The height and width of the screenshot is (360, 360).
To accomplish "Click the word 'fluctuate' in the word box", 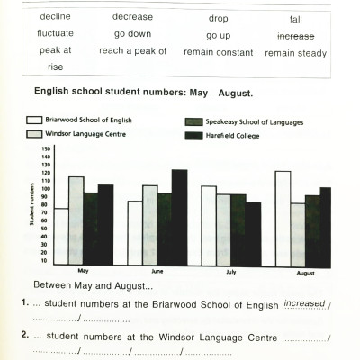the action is [x=56, y=34].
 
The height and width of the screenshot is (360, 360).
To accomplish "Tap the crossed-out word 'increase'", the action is [x=295, y=35].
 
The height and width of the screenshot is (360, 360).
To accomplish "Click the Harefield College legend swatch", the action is [x=193, y=135].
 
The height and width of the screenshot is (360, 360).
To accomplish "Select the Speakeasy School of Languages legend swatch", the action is [x=193, y=121].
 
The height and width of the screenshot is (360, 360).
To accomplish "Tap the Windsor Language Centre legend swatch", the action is [x=35, y=134].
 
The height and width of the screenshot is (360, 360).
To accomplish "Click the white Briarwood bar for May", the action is [x=61, y=236].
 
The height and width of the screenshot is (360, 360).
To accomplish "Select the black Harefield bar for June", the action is [x=178, y=217].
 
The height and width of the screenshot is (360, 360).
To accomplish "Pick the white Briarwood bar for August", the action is [x=283, y=218].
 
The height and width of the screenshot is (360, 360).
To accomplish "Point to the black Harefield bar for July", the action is [x=253, y=233].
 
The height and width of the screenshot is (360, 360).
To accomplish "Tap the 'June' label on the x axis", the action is [x=157, y=270].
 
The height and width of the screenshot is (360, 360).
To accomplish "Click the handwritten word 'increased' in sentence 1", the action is [x=304, y=303].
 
